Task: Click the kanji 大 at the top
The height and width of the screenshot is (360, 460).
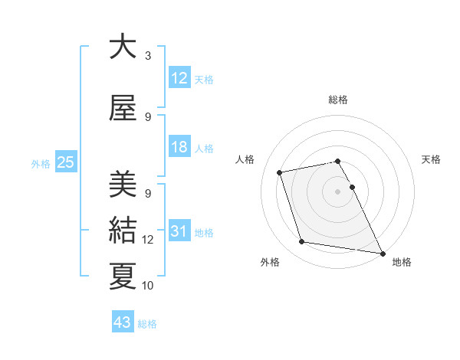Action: coord(123,47)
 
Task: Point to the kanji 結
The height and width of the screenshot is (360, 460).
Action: coord(123,230)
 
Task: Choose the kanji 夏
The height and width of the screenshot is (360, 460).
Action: coord(123,276)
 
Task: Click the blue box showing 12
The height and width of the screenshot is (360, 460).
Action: coord(179,77)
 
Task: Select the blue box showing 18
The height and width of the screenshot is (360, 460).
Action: coord(179,148)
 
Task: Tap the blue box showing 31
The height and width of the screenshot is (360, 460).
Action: coord(179,231)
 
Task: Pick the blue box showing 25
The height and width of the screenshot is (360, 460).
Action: coord(65,162)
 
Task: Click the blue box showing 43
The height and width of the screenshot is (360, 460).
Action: coord(123,322)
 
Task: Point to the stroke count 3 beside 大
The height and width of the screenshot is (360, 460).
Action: coord(148,56)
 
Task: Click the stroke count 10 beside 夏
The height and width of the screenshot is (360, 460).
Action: coord(148,286)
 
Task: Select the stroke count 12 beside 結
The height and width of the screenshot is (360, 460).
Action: coord(148,240)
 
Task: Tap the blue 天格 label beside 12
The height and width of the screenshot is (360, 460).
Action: coord(204,79)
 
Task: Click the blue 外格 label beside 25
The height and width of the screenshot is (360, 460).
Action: coord(41,163)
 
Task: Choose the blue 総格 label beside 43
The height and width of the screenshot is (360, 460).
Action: coord(147,324)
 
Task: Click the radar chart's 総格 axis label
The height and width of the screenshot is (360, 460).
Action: coord(338,100)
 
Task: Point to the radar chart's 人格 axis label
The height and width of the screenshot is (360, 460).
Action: coord(245,159)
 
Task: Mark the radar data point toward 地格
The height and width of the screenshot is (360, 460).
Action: coord(382,252)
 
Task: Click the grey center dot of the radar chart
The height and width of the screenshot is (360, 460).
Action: coord(338,191)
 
